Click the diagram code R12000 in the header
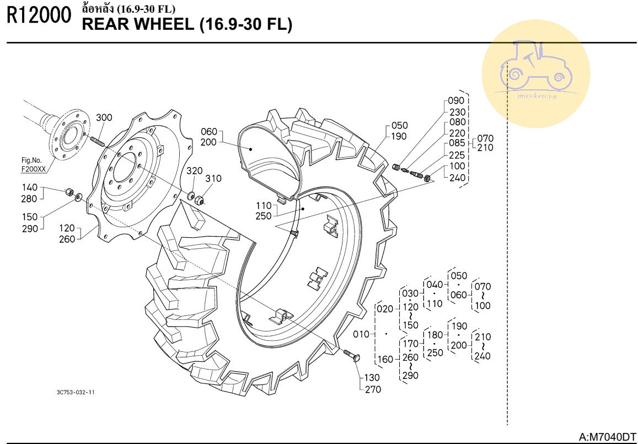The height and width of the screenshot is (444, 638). [x=39, y=17]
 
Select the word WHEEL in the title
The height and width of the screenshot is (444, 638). [x=164, y=25]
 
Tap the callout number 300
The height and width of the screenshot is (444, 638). [x=104, y=118]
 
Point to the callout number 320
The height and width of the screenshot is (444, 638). [x=195, y=170]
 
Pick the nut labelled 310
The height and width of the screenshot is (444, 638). [x=200, y=200]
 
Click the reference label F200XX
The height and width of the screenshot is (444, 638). [x=34, y=168]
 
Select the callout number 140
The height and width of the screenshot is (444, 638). [x=29, y=188]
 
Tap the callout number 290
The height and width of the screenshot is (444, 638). [x=30, y=229]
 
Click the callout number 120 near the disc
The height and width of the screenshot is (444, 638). [x=67, y=228]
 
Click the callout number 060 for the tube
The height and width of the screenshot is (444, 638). [x=209, y=131]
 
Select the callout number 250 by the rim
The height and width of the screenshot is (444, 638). [x=264, y=216]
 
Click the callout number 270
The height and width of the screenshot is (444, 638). [x=373, y=389]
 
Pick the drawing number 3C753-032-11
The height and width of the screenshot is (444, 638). [x=76, y=392]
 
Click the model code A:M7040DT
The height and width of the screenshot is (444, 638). [x=607, y=436]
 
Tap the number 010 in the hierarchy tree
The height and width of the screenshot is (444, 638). [x=361, y=335]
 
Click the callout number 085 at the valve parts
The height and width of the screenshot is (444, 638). [x=457, y=143]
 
